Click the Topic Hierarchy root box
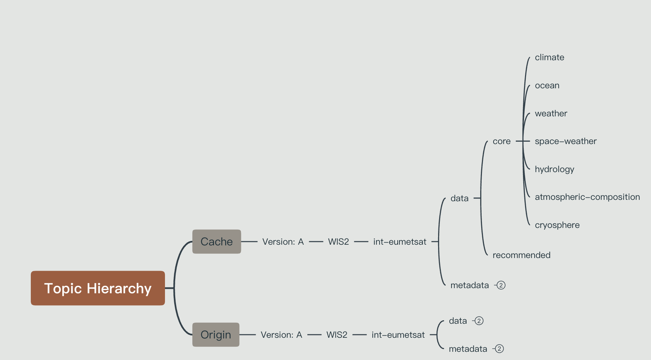pyautogui.click(x=98, y=288)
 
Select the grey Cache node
pyautogui.click(x=216, y=242)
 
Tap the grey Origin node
pyautogui.click(x=216, y=335)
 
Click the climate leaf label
pyautogui.click(x=549, y=57)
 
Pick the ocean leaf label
pyautogui.click(x=547, y=86)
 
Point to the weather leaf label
pyautogui.click(x=551, y=114)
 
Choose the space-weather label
pyautogui.click(x=565, y=141)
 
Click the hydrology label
pyautogui.click(x=554, y=169)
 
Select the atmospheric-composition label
pyautogui.click(x=587, y=197)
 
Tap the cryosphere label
pyautogui.click(x=557, y=225)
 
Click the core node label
pyautogui.click(x=501, y=141)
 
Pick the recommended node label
pyautogui.click(x=521, y=255)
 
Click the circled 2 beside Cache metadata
pyautogui.click(x=501, y=285)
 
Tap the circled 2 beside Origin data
pyautogui.click(x=479, y=321)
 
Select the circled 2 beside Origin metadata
pyautogui.click(x=499, y=349)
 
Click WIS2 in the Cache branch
pyautogui.click(x=338, y=242)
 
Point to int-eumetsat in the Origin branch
pyautogui.click(x=398, y=335)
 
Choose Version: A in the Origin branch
pyautogui.click(x=281, y=335)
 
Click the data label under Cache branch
pyautogui.click(x=459, y=198)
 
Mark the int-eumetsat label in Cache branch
pyautogui.click(x=399, y=242)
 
